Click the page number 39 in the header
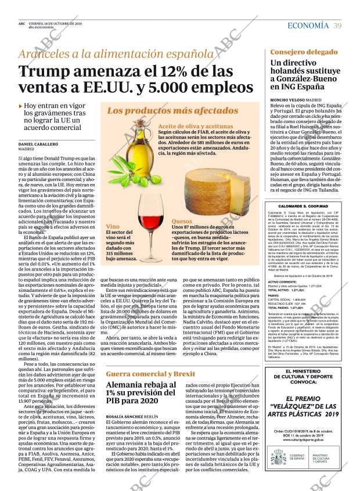[x=337, y=25]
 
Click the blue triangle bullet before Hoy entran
[x=21, y=106]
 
